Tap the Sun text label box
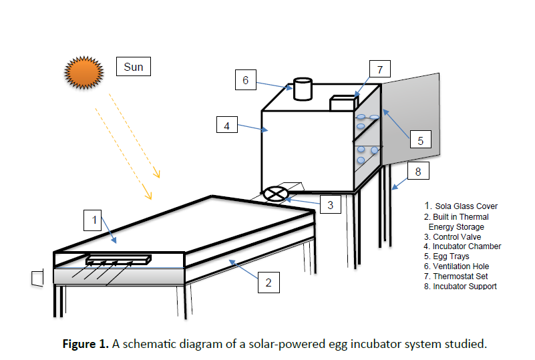[x=133, y=67]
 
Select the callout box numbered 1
[x=95, y=218]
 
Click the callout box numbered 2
[x=269, y=282]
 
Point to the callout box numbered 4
[x=227, y=124]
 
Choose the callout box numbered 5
[x=420, y=140]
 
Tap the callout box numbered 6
[x=246, y=80]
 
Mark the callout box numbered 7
[x=379, y=69]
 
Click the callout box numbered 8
[x=417, y=172]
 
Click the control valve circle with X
[x=274, y=194]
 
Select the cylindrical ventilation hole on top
[x=303, y=89]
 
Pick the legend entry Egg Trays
[x=447, y=256]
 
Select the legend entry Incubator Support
[x=460, y=287]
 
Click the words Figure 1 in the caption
[x=84, y=345]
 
